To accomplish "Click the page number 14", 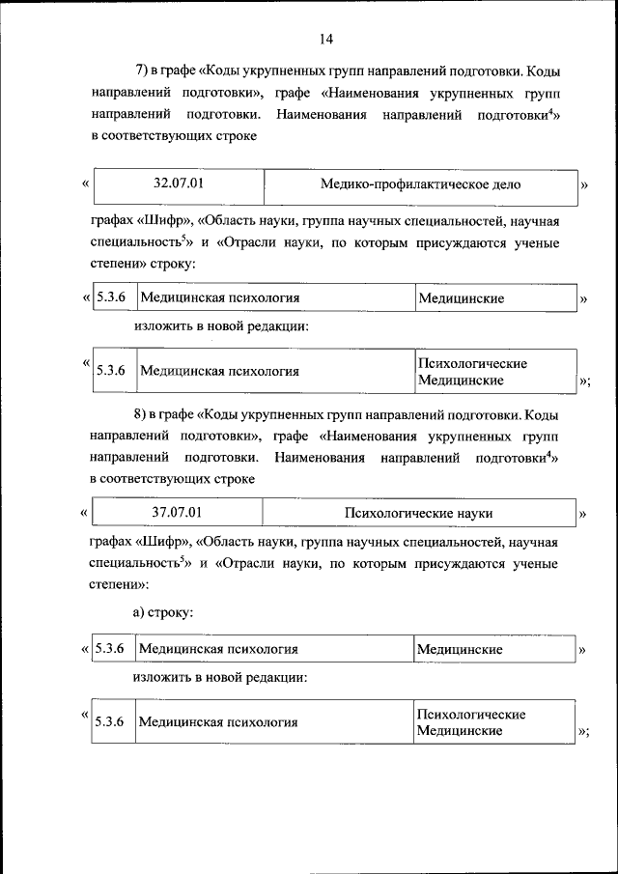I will [324, 39].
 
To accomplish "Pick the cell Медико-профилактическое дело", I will [420, 183].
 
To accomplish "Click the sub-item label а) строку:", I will [163, 611].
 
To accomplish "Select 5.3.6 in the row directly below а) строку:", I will [110, 649].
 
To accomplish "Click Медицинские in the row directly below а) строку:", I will [460, 650].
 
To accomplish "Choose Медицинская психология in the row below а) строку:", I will [218, 650].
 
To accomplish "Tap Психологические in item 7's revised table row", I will [472, 363].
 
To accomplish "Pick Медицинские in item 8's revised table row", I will [460, 731].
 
